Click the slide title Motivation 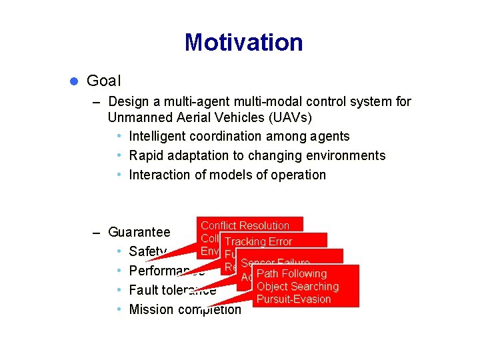243,43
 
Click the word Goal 103,81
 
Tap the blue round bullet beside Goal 75,81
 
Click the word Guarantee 139,233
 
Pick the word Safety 147,251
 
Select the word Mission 151,309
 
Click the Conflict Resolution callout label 245,225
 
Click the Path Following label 291,273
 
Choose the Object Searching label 297,287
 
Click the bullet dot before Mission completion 118,309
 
